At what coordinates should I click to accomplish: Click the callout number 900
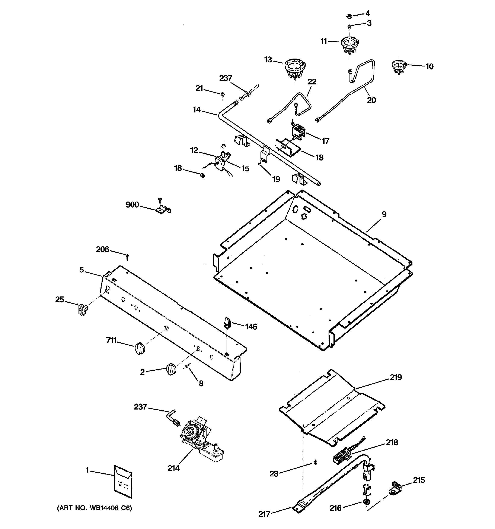click(x=132, y=205)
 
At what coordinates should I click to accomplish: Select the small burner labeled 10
click(x=399, y=66)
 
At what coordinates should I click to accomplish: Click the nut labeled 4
click(x=349, y=16)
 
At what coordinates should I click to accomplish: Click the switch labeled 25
click(x=82, y=309)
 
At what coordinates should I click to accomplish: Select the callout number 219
click(x=396, y=377)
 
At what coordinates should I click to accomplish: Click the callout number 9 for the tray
click(x=384, y=214)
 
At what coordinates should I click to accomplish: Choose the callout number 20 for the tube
click(x=371, y=100)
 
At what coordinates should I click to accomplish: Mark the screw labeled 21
click(x=223, y=94)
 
